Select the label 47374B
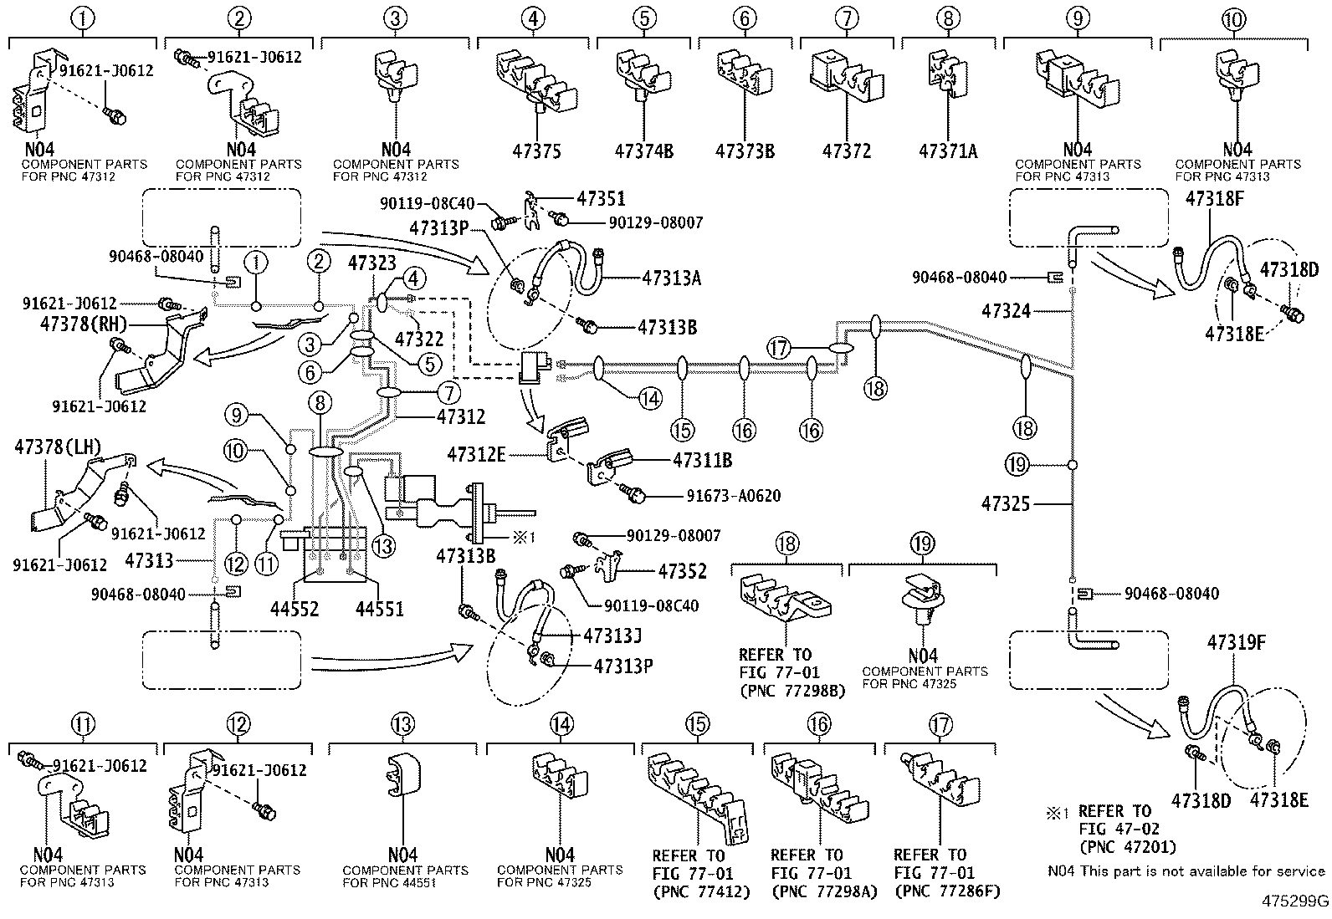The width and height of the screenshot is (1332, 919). coord(644,151)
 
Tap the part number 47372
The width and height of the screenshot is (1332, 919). coord(846,151)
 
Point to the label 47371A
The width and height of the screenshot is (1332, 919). coord(947,151)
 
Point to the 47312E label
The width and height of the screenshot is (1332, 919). coord(476,454)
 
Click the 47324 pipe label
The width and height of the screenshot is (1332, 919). coord(1006,311)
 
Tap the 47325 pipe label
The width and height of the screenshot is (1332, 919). coord(1006,504)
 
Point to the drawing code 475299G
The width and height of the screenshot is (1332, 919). coord(1296,901)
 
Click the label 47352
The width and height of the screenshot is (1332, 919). coord(682,571)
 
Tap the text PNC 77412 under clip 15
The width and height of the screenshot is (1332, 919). coord(701,891)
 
